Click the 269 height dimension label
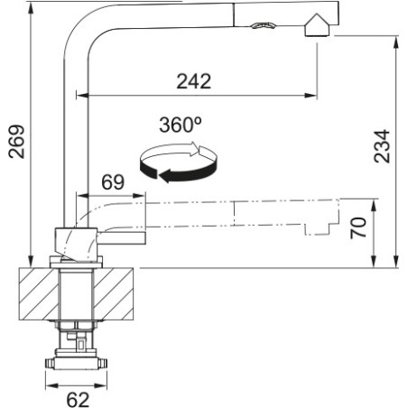[17, 142]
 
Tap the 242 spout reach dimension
[194, 81]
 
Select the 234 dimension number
[382, 146]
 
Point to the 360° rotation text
[181, 125]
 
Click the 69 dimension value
[113, 181]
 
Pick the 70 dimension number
[358, 227]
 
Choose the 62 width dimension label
[78, 400]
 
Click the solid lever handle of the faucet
[122, 238]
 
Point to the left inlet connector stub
[50, 364]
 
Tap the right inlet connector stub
[103, 364]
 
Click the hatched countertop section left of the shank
[39, 294]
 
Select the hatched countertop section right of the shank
[114, 294]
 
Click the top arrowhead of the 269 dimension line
[30, 9]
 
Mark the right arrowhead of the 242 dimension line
[311, 96]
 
